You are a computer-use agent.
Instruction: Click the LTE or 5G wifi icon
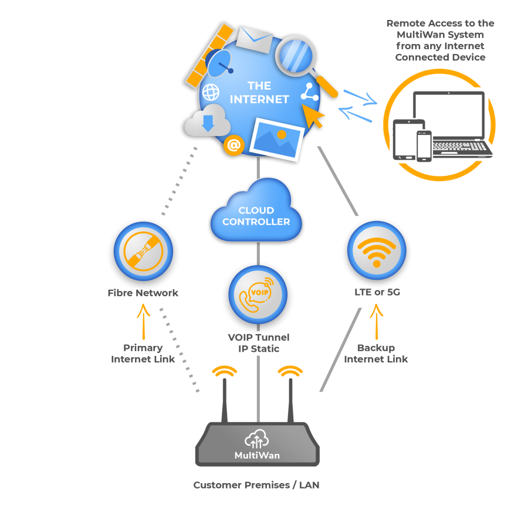tap(377, 250)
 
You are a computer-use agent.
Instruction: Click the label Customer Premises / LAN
tap(256, 486)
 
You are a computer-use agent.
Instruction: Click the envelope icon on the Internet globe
tap(254, 40)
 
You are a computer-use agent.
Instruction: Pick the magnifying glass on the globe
tap(296, 57)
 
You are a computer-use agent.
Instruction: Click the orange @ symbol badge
tap(234, 145)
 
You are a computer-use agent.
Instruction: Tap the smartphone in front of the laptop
tap(424, 145)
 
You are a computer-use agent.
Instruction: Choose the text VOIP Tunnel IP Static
tap(258, 343)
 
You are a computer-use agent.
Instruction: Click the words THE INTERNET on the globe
tap(259, 93)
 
